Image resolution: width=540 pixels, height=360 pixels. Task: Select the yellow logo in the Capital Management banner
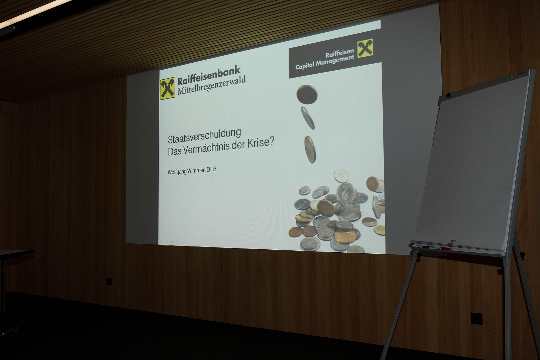tap(365, 49)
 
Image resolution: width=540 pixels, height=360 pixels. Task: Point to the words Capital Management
tap(325, 62)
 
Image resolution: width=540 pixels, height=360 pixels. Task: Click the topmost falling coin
tap(307, 94)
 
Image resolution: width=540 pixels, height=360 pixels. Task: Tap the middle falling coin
tap(308, 118)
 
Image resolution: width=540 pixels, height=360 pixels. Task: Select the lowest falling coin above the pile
tap(310, 150)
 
